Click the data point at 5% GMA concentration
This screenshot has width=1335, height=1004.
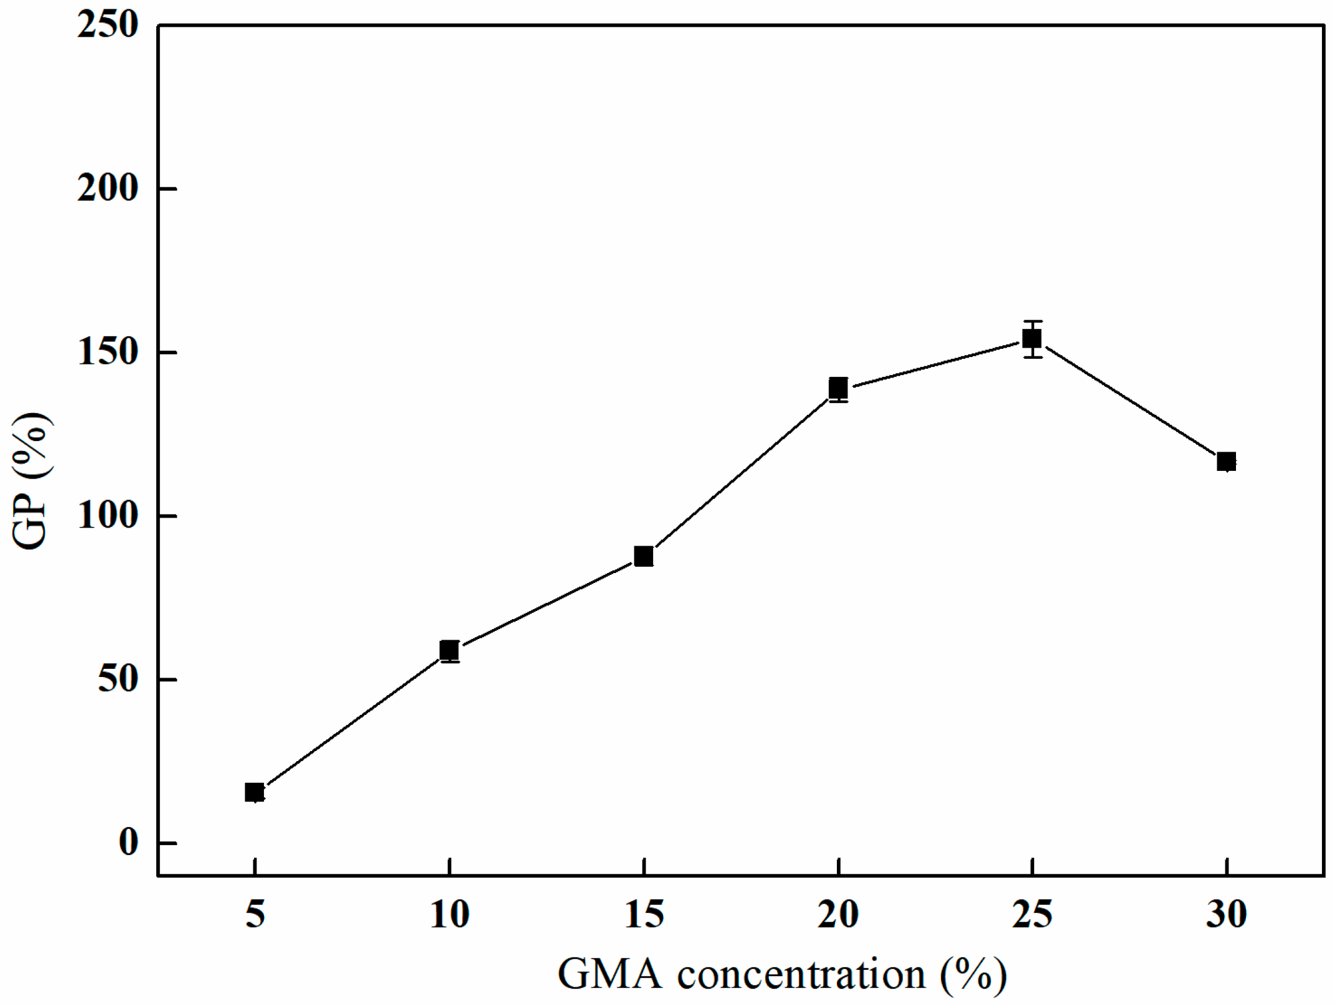[255, 792]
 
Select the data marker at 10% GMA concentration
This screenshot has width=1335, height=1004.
[449, 650]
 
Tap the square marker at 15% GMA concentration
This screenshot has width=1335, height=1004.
[644, 556]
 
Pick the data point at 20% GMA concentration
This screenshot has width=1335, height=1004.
[838, 387]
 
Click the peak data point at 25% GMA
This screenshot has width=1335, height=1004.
[1032, 339]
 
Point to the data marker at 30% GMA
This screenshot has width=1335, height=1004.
[1227, 462]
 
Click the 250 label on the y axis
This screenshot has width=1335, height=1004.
[107, 26]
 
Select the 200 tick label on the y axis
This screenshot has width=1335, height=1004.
[107, 188]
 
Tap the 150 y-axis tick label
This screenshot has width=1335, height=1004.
[107, 353]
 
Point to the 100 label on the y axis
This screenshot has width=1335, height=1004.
[107, 516]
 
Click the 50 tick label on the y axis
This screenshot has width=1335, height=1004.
[117, 680]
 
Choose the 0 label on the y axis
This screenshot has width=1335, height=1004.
[128, 843]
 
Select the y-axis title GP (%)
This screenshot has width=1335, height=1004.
[31, 480]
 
